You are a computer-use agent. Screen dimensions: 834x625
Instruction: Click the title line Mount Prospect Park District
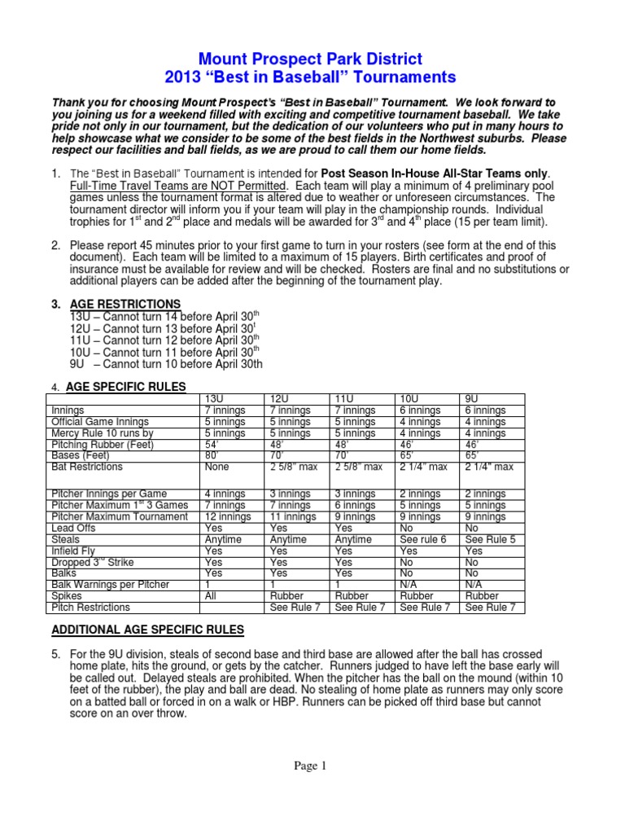pyautogui.click(x=312, y=59)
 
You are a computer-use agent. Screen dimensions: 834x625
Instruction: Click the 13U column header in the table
pyautogui.click(x=214, y=399)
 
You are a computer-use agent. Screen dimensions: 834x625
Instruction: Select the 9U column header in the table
pyautogui.click(x=471, y=399)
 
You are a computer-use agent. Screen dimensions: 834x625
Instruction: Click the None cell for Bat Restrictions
pyautogui.click(x=217, y=467)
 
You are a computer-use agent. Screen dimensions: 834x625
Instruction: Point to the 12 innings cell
pyautogui.click(x=227, y=517)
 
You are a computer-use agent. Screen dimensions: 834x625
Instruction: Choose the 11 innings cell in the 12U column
pyautogui.click(x=292, y=517)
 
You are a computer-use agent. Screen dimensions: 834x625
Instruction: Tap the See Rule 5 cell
pyautogui.click(x=490, y=540)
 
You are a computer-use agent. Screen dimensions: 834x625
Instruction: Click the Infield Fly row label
pyautogui.click(x=73, y=551)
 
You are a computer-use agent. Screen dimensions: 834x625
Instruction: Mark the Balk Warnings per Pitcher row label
pyautogui.click(x=110, y=585)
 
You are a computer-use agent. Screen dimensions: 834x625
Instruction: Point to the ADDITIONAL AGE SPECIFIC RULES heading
pyautogui.click(x=147, y=630)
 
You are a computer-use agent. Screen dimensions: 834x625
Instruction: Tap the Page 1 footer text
pyautogui.click(x=312, y=765)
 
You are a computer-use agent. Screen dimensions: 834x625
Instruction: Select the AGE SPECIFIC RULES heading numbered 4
pyautogui.click(x=125, y=386)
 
